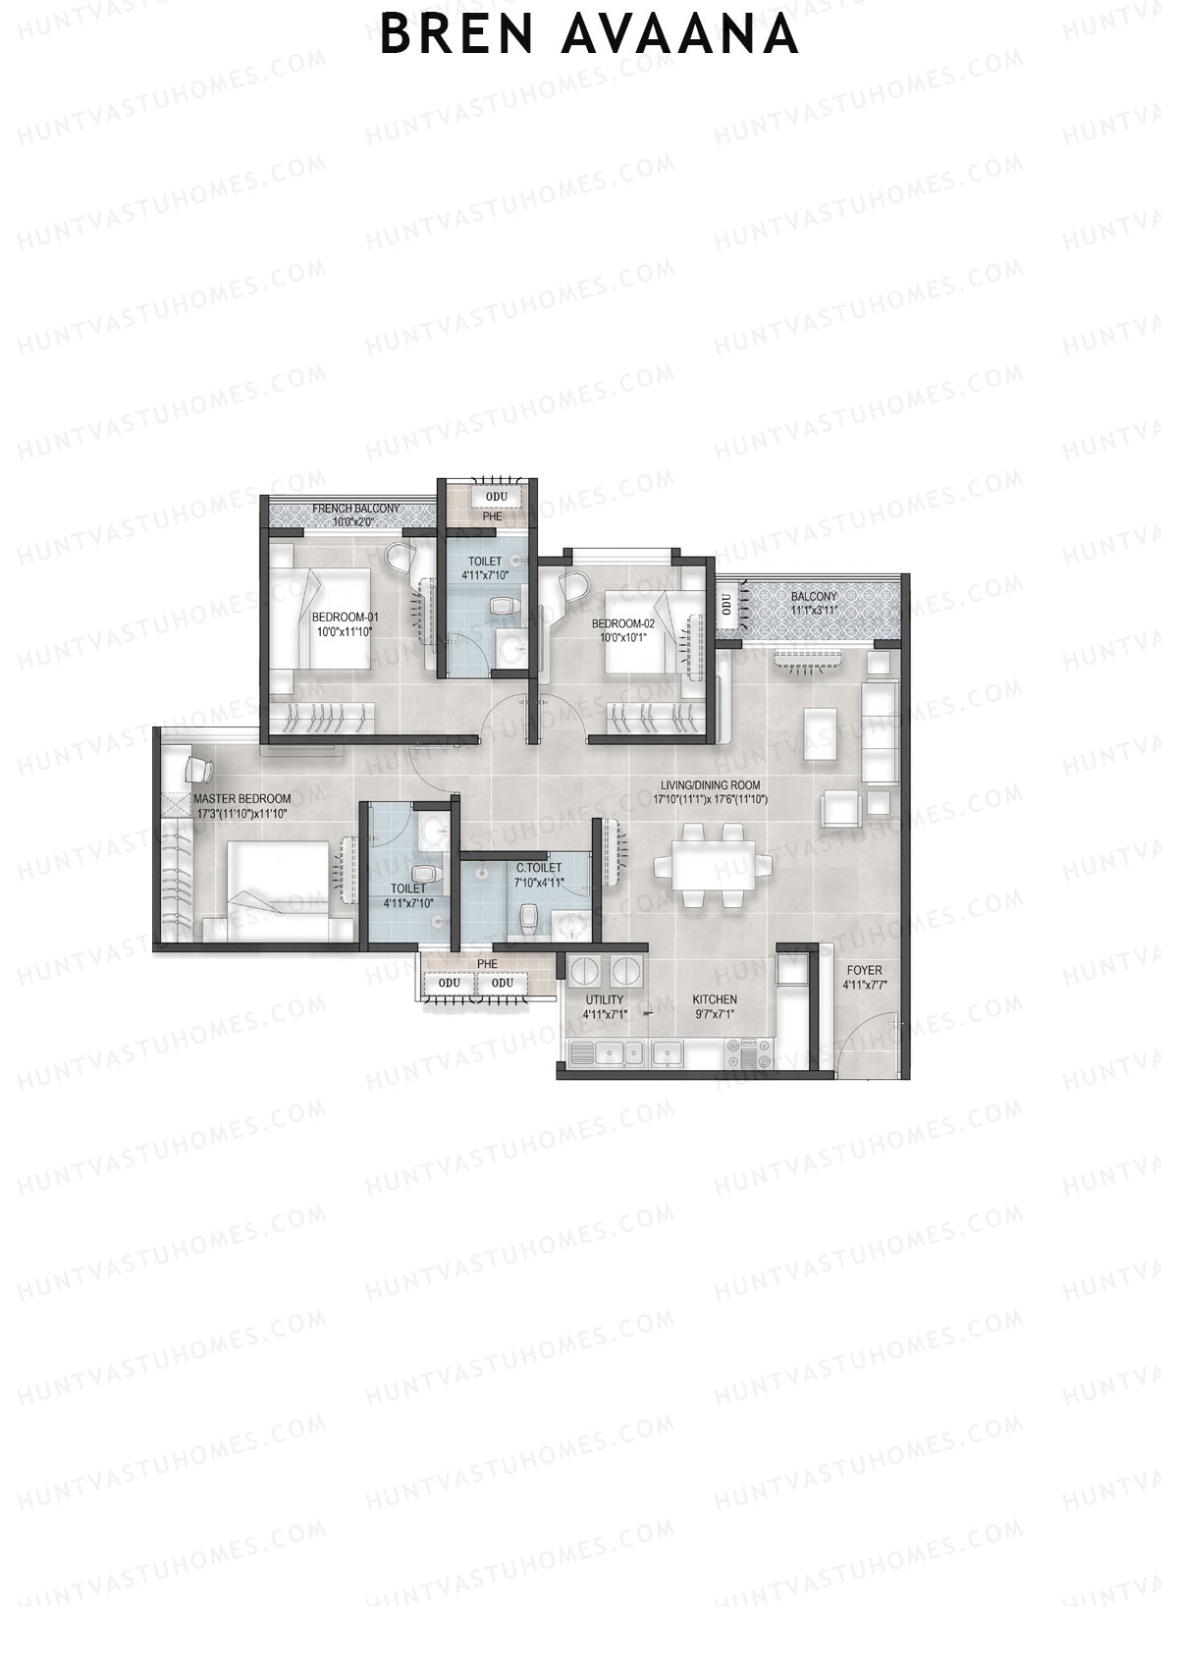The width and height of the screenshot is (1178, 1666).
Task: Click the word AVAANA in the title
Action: [683, 35]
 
